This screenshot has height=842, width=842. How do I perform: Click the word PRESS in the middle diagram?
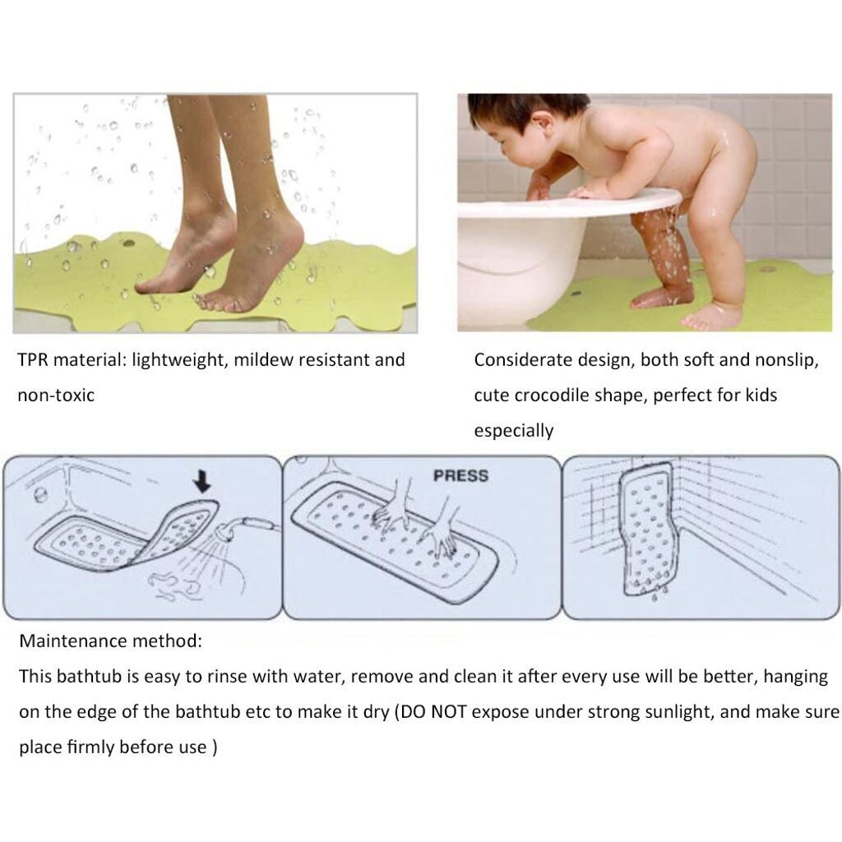[460, 476]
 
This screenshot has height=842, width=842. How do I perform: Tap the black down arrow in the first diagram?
[202, 482]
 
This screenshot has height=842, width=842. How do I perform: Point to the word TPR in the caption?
[33, 360]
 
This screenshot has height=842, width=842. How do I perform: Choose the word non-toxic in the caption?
[56, 396]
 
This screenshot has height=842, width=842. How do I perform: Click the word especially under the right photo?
[513, 431]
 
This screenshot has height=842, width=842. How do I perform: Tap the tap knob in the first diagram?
[39, 495]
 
